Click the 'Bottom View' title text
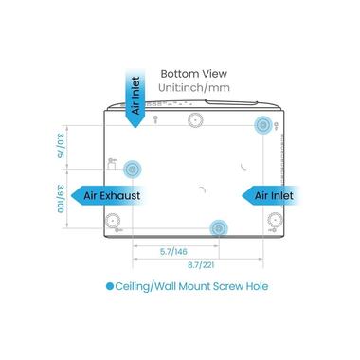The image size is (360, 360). (193, 74)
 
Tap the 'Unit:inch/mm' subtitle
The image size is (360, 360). (194, 87)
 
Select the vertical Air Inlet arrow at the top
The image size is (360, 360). (135, 98)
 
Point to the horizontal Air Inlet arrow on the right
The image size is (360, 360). (270, 195)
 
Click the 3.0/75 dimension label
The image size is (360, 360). (61, 146)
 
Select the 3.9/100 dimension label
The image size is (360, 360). (61, 199)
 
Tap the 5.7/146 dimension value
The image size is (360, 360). (173, 252)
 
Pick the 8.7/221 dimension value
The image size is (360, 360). (201, 265)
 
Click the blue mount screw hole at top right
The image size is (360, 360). (262, 125)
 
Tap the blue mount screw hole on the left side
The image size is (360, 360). (132, 170)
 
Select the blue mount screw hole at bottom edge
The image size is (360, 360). (219, 228)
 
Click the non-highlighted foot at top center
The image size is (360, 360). (195, 120)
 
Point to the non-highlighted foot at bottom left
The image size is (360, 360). (113, 220)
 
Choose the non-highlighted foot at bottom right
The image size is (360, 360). (275, 220)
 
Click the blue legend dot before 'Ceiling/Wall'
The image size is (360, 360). (110, 286)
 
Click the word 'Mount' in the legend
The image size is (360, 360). (194, 286)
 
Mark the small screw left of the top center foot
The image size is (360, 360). (155, 119)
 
